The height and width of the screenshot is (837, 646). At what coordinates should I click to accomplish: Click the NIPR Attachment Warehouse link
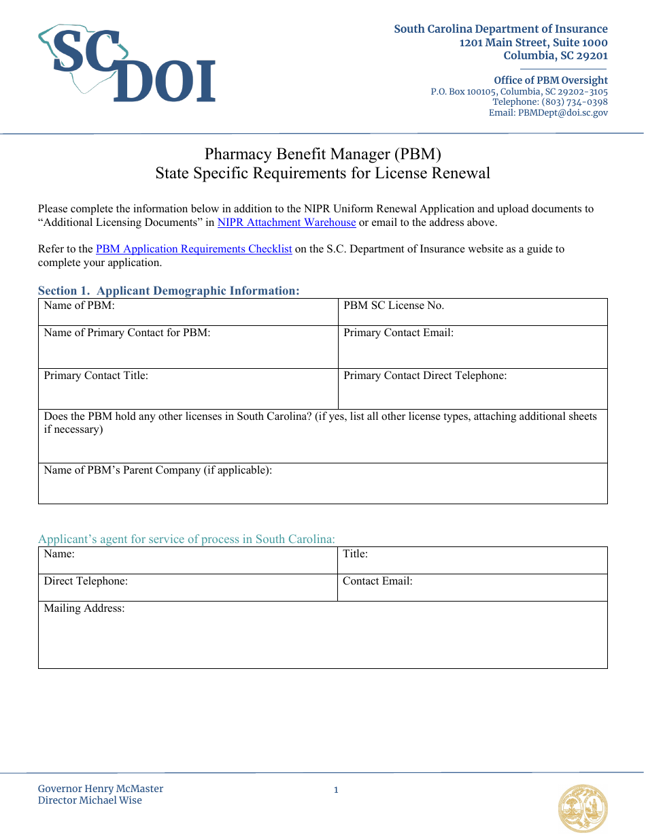coord(286,223)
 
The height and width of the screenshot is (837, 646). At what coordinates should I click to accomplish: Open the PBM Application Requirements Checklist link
coord(194,249)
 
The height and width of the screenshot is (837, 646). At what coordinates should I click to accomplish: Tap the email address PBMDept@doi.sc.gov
coord(563,113)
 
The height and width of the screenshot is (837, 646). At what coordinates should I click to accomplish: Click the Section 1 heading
coord(169,291)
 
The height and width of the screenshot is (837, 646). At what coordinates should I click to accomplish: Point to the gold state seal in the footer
coord(583,808)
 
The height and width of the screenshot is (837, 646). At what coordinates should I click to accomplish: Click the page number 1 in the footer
coord(336,790)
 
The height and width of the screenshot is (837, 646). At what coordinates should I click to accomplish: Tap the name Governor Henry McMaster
coord(101,789)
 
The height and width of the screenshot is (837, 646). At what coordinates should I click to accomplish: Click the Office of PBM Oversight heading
coord(551,80)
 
